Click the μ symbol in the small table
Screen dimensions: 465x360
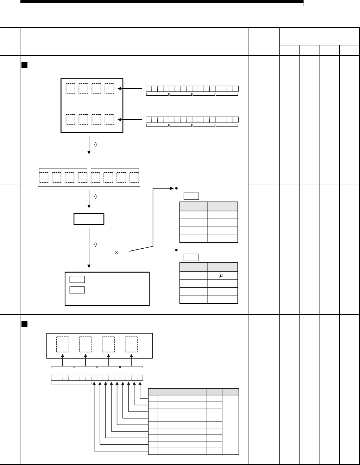click(221, 276)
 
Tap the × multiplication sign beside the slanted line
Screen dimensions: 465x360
click(116, 252)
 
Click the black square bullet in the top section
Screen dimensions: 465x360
click(24, 65)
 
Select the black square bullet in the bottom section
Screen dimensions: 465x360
click(24, 323)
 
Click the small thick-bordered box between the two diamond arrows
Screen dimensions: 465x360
click(89, 219)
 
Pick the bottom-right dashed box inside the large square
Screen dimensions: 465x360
click(109, 119)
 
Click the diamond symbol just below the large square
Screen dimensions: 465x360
click(96, 145)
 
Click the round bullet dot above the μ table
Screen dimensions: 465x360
click(175, 249)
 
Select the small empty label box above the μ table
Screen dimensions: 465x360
click(191, 257)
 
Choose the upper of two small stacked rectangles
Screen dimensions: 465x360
click(77, 280)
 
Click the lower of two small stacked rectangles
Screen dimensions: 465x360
click(77, 289)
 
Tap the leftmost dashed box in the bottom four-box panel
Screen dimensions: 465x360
click(62, 345)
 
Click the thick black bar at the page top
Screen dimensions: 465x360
click(162, 1)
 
